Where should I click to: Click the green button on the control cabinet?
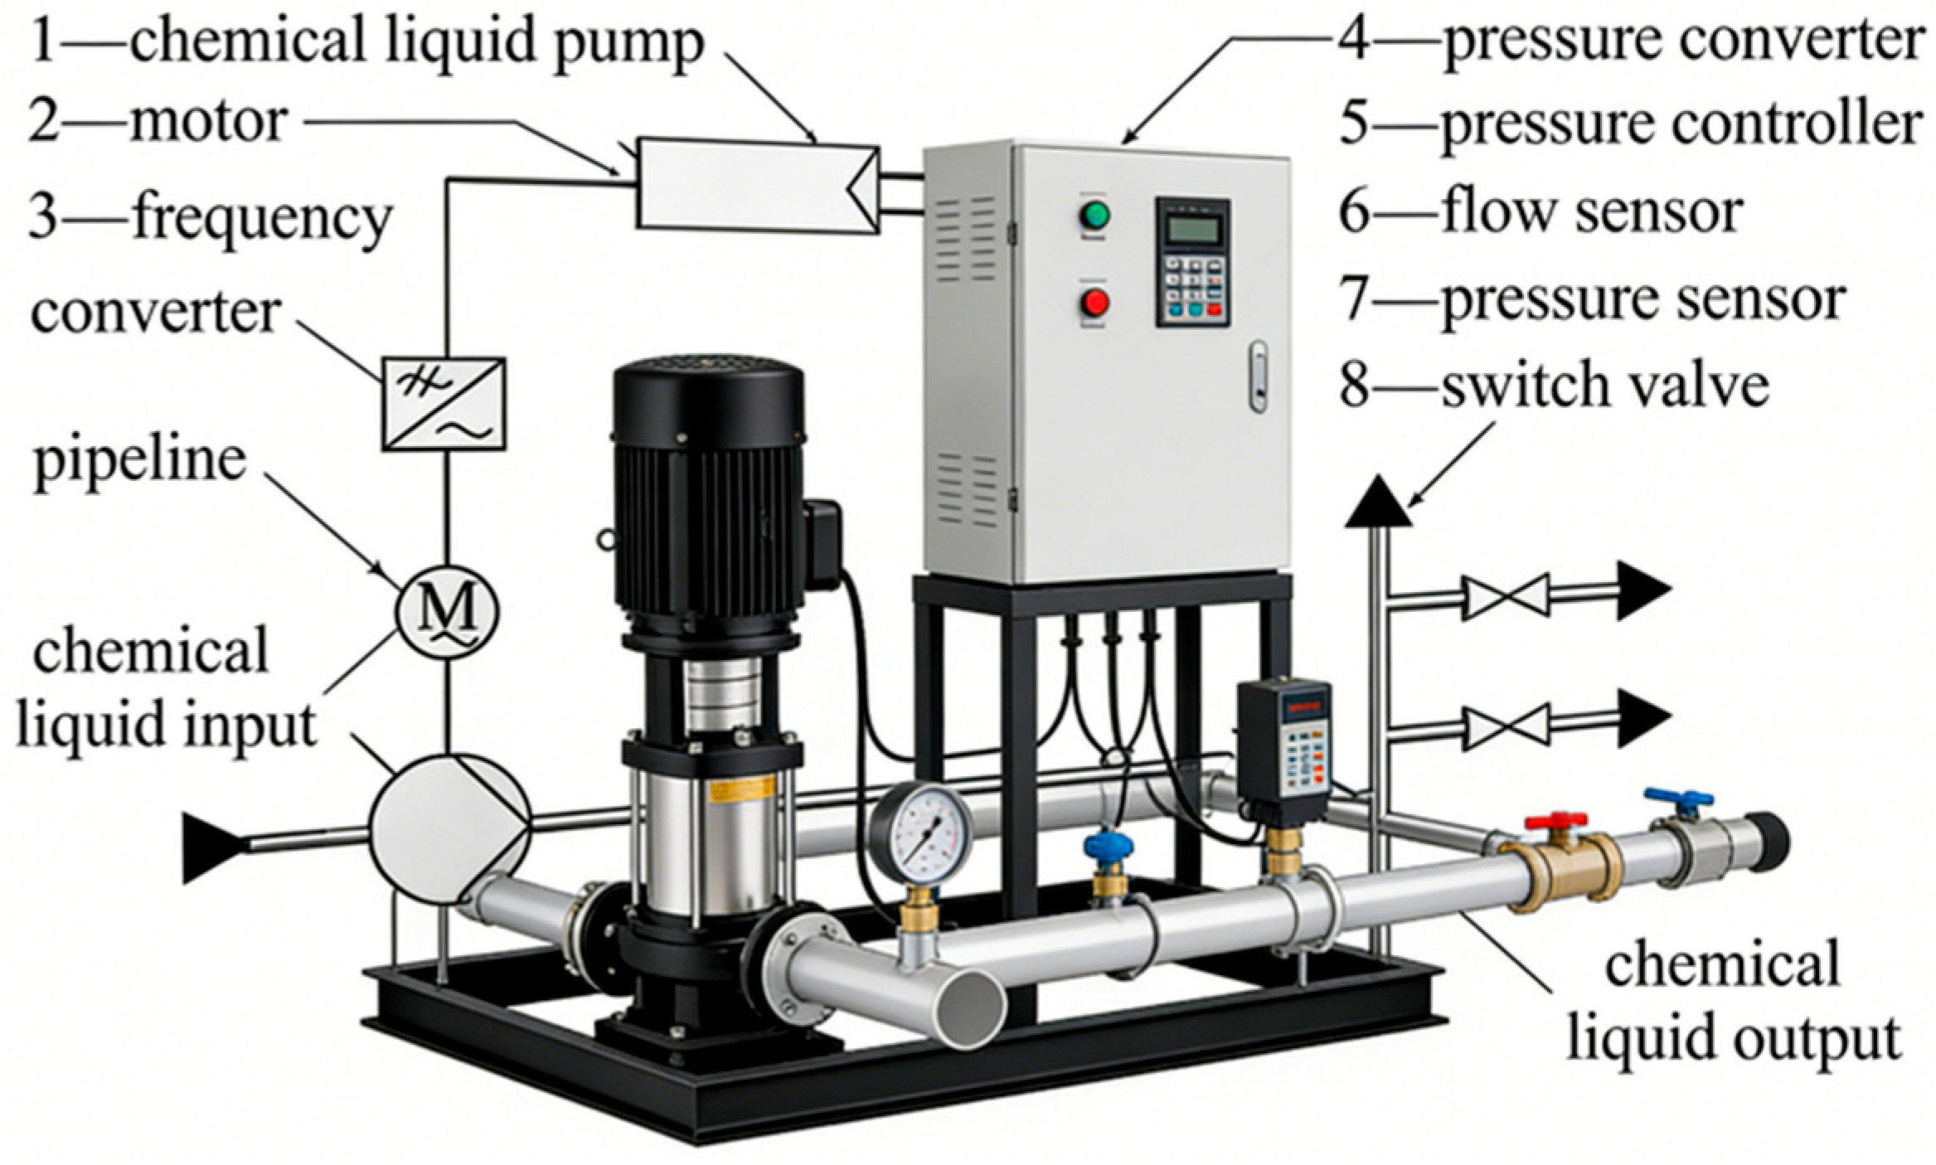(1094, 216)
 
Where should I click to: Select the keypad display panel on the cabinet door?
(1192, 262)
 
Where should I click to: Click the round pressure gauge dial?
(921, 834)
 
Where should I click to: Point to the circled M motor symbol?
(447, 612)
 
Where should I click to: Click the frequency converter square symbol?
(444, 404)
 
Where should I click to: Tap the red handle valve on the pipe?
(1555, 823)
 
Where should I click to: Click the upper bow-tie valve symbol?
(1505, 595)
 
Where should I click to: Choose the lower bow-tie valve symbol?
(1505, 727)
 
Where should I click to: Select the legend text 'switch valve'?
(1605, 386)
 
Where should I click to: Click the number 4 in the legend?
(1353, 39)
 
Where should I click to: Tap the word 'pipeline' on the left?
(139, 461)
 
